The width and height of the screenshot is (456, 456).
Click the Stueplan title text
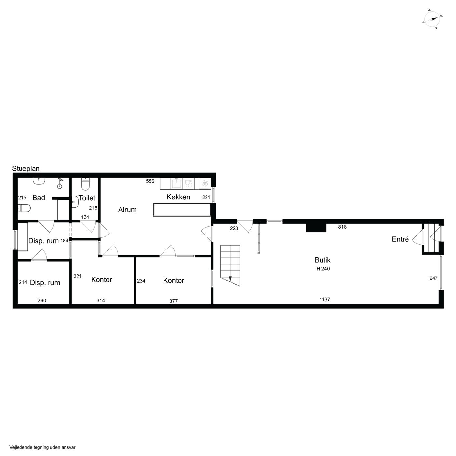click(x=26, y=169)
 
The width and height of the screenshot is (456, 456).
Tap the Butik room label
click(x=322, y=260)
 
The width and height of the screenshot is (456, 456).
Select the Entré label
click(x=400, y=239)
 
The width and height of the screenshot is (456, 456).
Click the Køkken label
click(x=178, y=197)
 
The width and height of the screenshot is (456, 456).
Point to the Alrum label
click(x=127, y=210)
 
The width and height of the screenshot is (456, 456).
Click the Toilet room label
click(x=87, y=198)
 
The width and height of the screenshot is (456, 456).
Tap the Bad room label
click(x=39, y=198)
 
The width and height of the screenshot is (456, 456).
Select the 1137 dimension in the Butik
click(x=324, y=300)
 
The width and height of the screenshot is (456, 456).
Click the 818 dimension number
click(x=342, y=227)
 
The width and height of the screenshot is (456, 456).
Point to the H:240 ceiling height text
click(x=323, y=269)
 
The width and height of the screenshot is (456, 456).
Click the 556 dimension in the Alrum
click(x=150, y=181)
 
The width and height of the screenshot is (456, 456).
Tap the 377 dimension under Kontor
click(x=173, y=301)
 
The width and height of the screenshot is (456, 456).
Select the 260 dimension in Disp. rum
click(x=42, y=301)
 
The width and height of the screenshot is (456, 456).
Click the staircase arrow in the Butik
click(x=230, y=279)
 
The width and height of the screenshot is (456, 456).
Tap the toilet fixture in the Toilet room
click(x=85, y=184)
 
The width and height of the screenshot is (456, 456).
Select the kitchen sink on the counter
click(x=176, y=183)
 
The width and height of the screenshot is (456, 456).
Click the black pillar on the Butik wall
click(x=316, y=228)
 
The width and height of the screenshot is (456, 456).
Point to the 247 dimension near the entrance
click(x=433, y=278)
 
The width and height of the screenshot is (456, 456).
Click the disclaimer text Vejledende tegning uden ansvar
click(x=42, y=447)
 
